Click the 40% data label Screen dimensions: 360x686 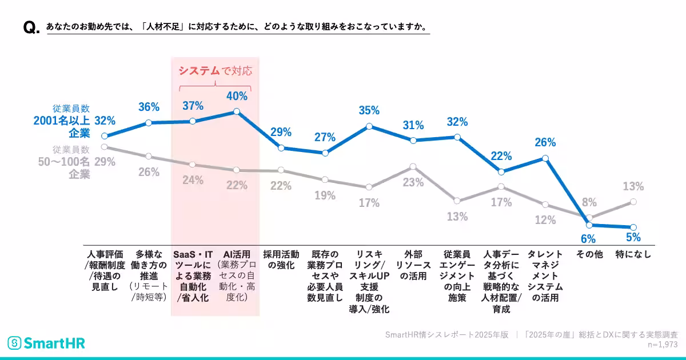pos(237,96)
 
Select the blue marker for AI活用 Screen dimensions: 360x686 pos(237,112)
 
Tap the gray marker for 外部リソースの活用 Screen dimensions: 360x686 pos(413,167)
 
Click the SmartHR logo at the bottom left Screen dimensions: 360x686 pos(46,343)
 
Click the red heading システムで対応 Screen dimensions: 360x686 pos(215,71)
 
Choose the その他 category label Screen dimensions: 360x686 pos(589,255)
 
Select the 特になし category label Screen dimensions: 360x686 pos(633,255)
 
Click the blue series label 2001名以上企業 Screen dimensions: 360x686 pos(62,121)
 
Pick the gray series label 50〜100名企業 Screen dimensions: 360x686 pos(63,162)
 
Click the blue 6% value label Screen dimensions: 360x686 pos(589,238)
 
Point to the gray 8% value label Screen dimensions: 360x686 pos(589,202)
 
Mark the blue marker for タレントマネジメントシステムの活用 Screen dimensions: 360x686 pos(545,158)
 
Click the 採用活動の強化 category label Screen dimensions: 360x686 pos(281,260)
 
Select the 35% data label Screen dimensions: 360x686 pos(369,110)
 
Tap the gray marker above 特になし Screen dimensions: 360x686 pos(633,202)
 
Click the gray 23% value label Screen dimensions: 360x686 pos(413,183)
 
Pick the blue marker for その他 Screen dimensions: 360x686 pos(589,225)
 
